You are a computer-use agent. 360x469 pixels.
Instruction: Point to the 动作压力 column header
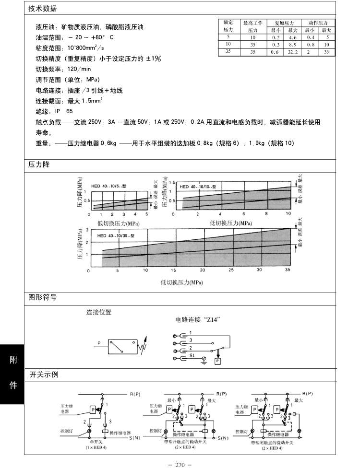click(x=318, y=23)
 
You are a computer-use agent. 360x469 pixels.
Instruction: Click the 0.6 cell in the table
click(x=275, y=52)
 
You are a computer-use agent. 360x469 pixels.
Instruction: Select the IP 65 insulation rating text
click(x=67, y=111)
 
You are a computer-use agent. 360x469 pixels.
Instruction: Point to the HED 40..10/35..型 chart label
click(x=116, y=236)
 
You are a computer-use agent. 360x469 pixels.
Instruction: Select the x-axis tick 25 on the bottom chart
click(x=231, y=271)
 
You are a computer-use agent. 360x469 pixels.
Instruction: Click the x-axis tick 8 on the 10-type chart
click(x=266, y=213)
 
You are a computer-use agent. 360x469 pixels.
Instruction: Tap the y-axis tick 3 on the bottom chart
click(x=87, y=231)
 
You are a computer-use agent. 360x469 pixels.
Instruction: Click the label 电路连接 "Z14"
click(x=198, y=319)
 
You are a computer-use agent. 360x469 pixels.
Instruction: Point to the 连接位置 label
click(x=99, y=313)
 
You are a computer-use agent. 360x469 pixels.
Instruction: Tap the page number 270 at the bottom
click(x=180, y=465)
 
